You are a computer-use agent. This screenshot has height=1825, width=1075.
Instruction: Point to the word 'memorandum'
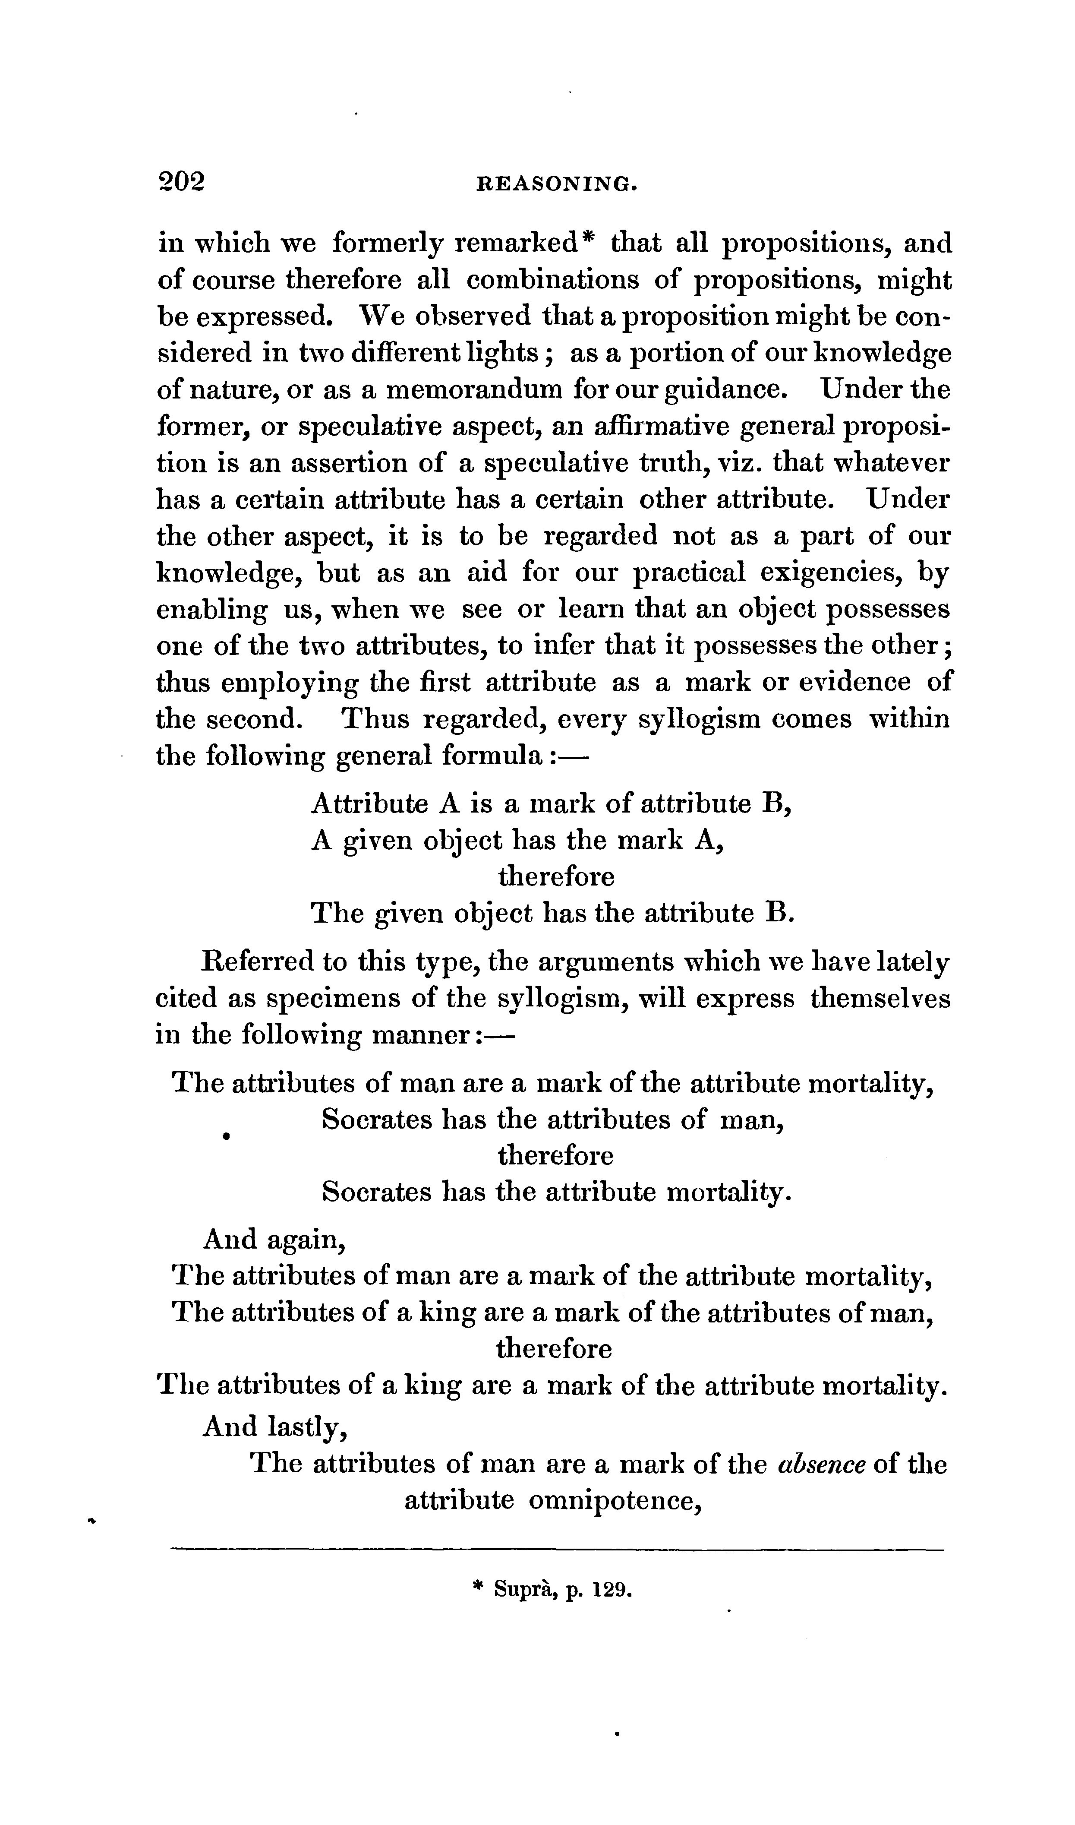(x=473, y=390)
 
